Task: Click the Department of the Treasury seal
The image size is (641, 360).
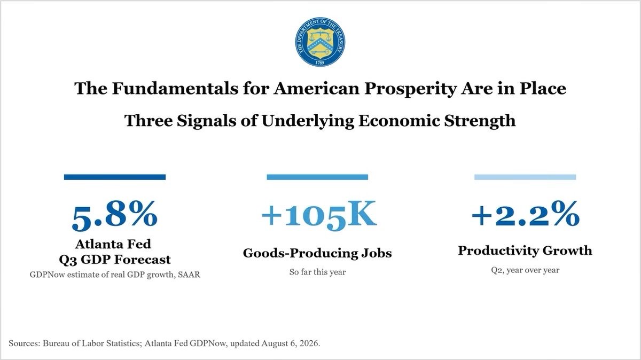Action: [320, 42]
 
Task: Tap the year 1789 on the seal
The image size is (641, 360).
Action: [319, 62]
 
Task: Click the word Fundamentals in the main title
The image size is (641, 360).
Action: [175, 88]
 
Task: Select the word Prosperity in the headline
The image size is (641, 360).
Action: [410, 89]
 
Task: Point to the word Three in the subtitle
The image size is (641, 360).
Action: [148, 121]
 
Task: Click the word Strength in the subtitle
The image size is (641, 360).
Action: [480, 121]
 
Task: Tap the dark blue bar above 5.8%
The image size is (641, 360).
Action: [115, 177]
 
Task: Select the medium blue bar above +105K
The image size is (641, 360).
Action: [317, 177]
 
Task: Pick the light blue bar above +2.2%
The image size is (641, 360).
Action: [525, 177]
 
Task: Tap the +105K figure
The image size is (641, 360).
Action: [319, 215]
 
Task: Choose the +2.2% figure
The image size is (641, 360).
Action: [526, 214]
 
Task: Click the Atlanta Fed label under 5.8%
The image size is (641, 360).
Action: [113, 244]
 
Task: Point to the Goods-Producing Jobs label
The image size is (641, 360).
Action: [317, 253]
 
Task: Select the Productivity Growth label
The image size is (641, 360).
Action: [525, 251]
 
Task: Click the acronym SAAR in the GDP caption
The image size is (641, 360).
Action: [189, 275]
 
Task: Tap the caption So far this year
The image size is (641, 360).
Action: [317, 272]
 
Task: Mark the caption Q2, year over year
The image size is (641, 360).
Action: [525, 270]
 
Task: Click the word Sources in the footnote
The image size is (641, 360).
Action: [25, 343]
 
